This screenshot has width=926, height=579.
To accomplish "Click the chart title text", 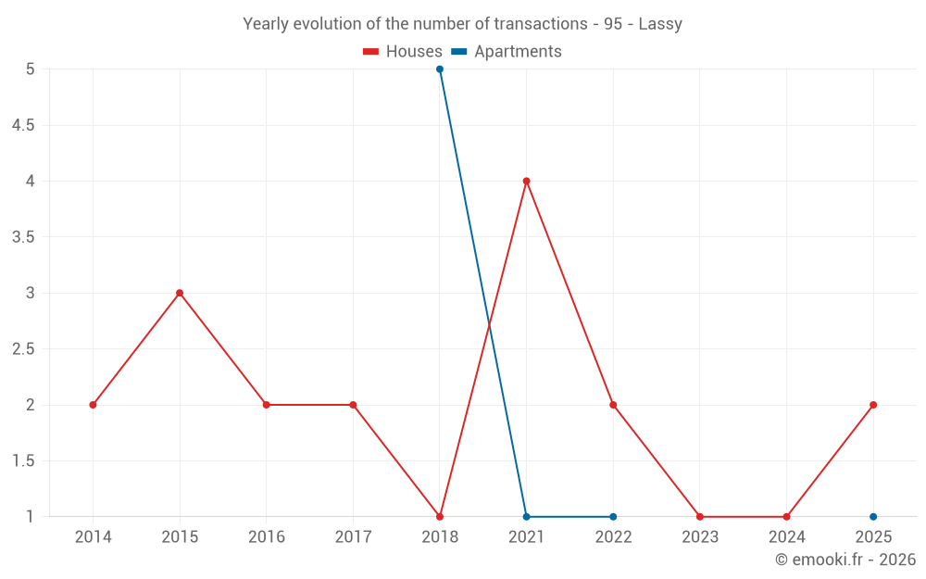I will pyautogui.click(x=462, y=24).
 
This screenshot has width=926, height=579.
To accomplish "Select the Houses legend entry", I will pyautogui.click(x=403, y=52).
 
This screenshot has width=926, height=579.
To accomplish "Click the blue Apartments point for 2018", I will pyautogui.click(x=440, y=69).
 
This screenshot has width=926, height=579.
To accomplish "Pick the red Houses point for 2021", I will pyautogui.click(x=526, y=181).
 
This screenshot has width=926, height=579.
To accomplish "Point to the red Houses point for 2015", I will pyautogui.click(x=180, y=293).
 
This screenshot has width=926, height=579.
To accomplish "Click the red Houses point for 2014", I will pyautogui.click(x=93, y=405).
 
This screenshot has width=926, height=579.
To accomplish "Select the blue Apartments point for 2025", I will pyautogui.click(x=873, y=517).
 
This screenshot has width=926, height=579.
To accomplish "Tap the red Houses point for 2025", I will pyautogui.click(x=873, y=405).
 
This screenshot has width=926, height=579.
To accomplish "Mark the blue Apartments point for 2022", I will pyautogui.click(x=613, y=517).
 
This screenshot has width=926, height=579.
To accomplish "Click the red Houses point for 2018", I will pyautogui.click(x=440, y=517).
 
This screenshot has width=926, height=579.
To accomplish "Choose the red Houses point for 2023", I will pyautogui.click(x=700, y=517).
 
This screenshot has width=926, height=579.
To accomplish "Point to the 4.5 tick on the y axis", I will pyautogui.click(x=23, y=125).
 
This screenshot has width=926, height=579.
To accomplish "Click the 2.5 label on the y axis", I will pyautogui.click(x=23, y=349).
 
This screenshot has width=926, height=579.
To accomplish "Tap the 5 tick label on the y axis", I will pyautogui.click(x=31, y=69).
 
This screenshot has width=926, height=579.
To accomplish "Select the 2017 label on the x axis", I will pyautogui.click(x=353, y=537).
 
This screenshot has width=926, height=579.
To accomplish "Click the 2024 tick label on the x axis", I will pyautogui.click(x=786, y=537).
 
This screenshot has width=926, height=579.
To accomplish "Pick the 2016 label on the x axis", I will pyautogui.click(x=266, y=537).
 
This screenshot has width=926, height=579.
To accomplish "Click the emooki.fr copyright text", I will pyautogui.click(x=845, y=560).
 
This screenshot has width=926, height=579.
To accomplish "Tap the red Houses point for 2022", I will pyautogui.click(x=613, y=405).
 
